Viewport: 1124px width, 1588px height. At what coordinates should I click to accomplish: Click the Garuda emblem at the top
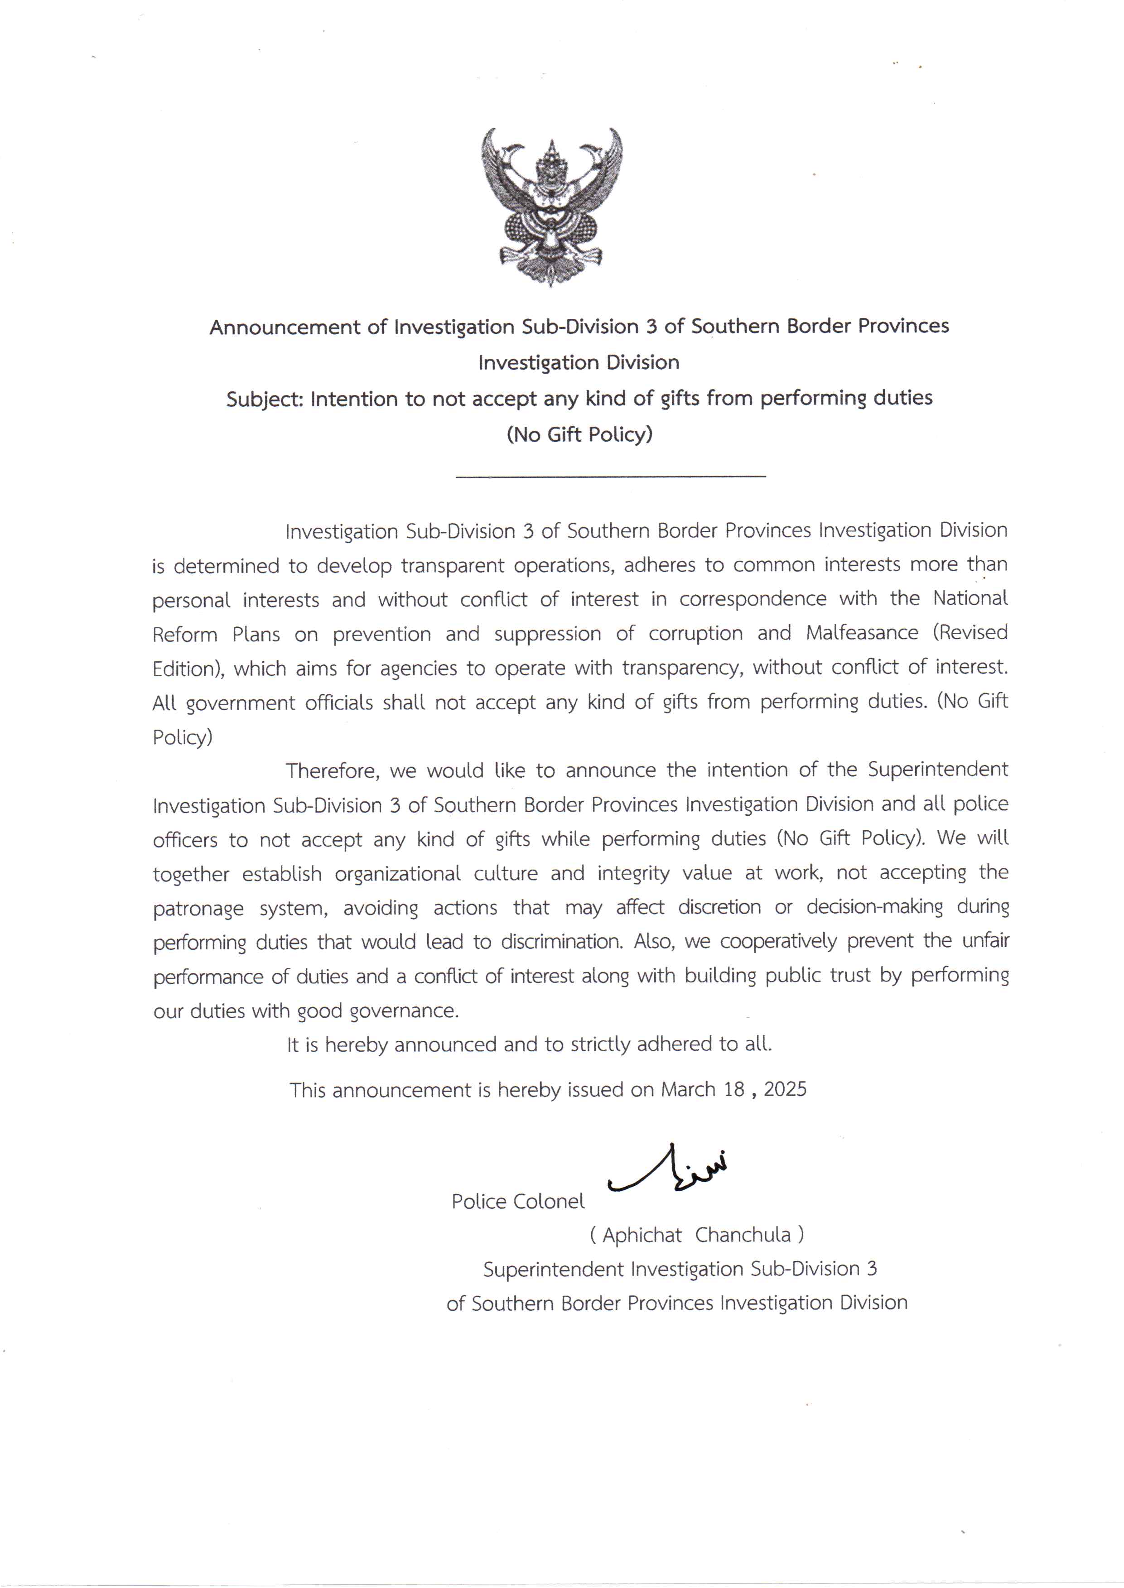pyautogui.click(x=552, y=206)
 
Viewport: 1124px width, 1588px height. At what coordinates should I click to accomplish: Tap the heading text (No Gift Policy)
pyautogui.click(x=579, y=434)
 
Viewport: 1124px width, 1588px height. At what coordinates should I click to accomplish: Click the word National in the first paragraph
pyautogui.click(x=970, y=598)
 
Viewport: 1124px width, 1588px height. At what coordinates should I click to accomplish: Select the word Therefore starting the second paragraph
pyautogui.click(x=332, y=770)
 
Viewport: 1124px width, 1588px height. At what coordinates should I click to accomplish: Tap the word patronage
pyautogui.click(x=198, y=908)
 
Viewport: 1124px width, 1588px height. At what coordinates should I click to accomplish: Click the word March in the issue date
pyautogui.click(x=688, y=1089)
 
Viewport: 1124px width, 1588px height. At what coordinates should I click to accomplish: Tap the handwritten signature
pyautogui.click(x=669, y=1170)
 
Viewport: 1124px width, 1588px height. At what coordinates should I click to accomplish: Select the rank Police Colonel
pyautogui.click(x=518, y=1201)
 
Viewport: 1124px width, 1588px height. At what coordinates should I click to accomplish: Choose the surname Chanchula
pyautogui.click(x=743, y=1235)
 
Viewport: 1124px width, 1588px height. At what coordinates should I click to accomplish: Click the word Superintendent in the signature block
pyautogui.click(x=554, y=1269)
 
